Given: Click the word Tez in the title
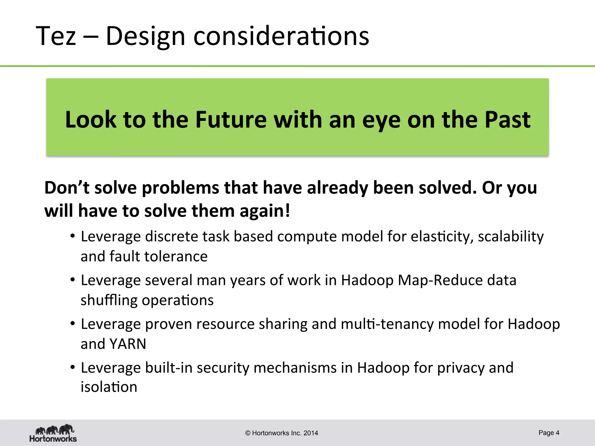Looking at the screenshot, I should (56, 36).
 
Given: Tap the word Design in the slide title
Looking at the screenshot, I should (145, 36).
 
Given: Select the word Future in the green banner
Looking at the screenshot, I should (231, 120).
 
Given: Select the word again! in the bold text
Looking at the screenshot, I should (265, 211).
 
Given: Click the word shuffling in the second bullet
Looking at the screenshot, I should (109, 300).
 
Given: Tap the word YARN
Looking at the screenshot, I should (128, 344).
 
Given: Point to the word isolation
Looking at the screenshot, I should (109, 387).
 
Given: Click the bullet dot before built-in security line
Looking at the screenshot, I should (73, 367).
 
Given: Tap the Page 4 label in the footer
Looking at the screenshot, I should (549, 433).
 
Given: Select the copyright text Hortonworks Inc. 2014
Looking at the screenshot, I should (282, 433).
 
